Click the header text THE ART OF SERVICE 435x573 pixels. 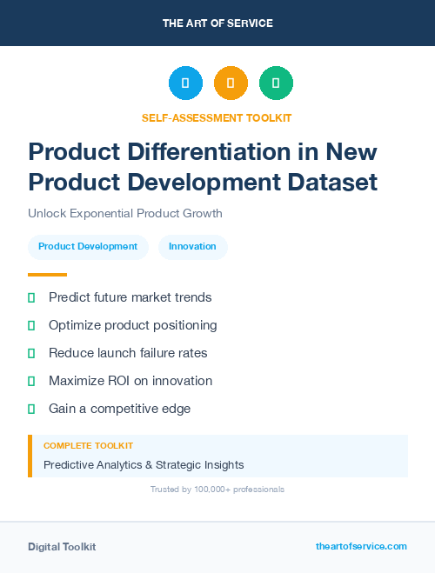(217, 23)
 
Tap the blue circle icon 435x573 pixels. (185, 83)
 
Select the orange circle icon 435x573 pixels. (231, 83)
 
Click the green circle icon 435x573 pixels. (276, 83)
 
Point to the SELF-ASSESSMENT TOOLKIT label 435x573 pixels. (217, 117)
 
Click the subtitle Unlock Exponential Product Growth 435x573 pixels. (125, 213)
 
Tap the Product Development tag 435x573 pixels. (88, 247)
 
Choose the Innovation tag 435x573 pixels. (192, 247)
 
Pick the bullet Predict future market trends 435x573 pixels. (130, 297)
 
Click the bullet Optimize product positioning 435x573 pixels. (132, 325)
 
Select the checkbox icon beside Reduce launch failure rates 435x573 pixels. (31, 353)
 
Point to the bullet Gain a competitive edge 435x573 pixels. (119, 409)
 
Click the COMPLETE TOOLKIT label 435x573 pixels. (88, 445)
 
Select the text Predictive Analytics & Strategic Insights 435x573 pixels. (144, 465)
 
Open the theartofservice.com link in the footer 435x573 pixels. (361, 546)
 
